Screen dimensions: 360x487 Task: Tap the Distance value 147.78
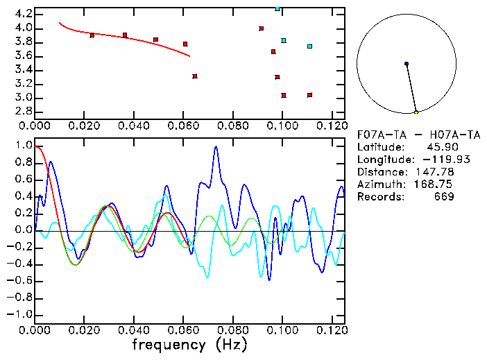436,172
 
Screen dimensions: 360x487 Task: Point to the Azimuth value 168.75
436,185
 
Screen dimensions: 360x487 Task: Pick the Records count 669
441,197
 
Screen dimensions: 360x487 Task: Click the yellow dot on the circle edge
416,112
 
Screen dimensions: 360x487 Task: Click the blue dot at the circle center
407,64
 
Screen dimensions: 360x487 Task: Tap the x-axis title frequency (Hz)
188,344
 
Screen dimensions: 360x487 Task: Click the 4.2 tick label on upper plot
23,14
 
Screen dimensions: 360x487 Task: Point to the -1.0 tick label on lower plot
19,314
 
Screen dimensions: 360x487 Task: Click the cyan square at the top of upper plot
277,9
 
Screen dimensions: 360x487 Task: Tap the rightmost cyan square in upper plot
309,46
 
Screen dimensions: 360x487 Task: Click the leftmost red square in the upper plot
92,35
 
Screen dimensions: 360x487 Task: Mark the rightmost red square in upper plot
309,95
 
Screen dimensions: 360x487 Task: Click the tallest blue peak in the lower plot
216,147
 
